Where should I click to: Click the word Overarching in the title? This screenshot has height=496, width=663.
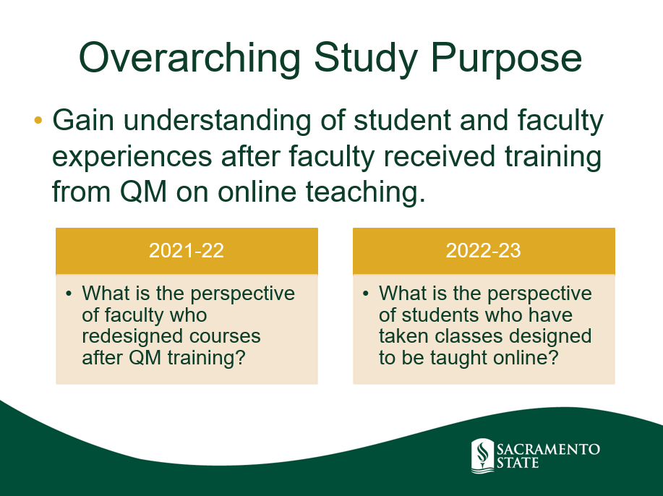point(189,59)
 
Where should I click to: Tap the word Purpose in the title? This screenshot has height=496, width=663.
point(506,59)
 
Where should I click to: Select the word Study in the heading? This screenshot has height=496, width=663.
point(366,59)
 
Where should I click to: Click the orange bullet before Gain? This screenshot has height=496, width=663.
point(38,120)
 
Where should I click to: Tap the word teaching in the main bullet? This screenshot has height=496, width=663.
point(365,192)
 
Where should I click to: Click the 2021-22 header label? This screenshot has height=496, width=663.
point(187,251)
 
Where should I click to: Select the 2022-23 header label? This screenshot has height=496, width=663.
point(483,251)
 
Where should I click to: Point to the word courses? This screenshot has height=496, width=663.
point(225,338)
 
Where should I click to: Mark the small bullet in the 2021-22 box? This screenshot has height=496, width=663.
point(69,294)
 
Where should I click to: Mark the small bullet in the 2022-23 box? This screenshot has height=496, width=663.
point(366,294)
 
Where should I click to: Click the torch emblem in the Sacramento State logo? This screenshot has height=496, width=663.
point(482,456)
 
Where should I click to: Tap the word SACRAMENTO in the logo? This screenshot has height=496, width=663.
point(549,449)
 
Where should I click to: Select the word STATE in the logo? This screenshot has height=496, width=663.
point(518,463)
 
